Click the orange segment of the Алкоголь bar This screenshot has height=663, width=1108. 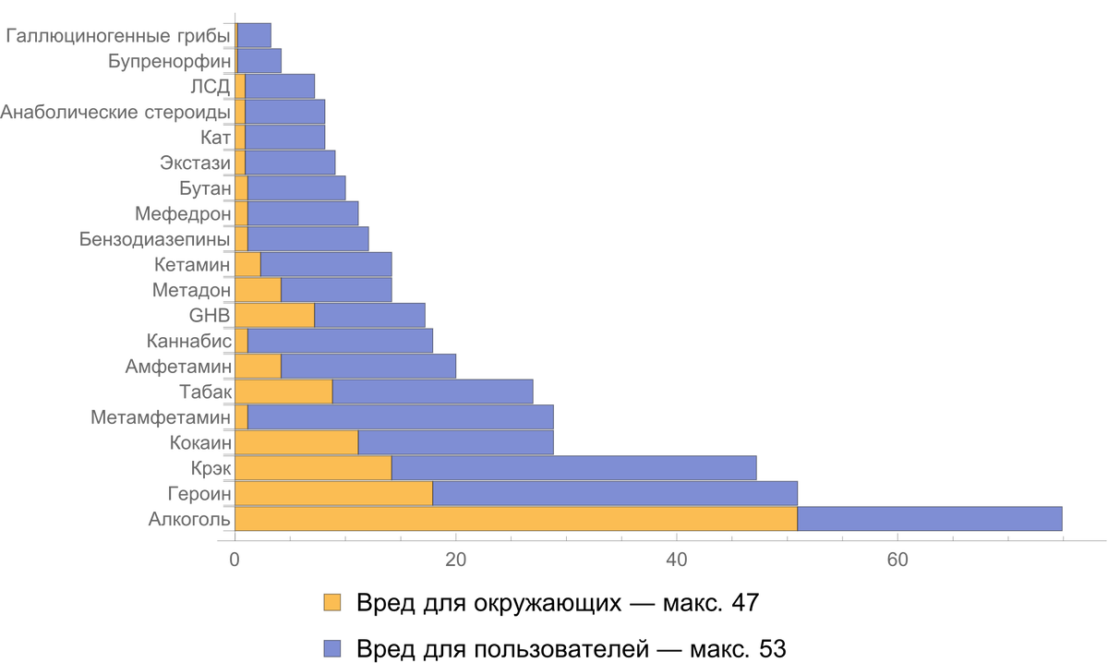[x=516, y=518]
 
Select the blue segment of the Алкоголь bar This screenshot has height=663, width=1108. [x=930, y=518]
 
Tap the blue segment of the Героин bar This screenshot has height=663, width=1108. [x=614, y=493]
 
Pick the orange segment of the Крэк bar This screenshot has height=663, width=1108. [x=313, y=467]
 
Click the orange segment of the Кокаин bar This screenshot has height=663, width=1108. [x=296, y=441]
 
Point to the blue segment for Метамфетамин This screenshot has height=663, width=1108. [x=401, y=416]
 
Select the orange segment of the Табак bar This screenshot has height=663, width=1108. [x=283, y=391]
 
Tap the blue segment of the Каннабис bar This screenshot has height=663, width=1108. [x=340, y=340]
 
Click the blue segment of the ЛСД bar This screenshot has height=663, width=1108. [x=280, y=86]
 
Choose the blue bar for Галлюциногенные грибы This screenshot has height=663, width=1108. [x=254, y=35]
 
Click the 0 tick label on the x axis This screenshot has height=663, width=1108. [x=235, y=558]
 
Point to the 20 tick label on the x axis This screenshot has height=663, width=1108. [x=455, y=558]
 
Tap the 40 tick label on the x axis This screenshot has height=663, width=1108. [x=677, y=558]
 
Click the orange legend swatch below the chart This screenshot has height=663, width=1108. [x=331, y=603]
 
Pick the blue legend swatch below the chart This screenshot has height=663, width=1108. [x=331, y=649]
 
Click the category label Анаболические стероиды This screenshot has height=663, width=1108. [x=111, y=112]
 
